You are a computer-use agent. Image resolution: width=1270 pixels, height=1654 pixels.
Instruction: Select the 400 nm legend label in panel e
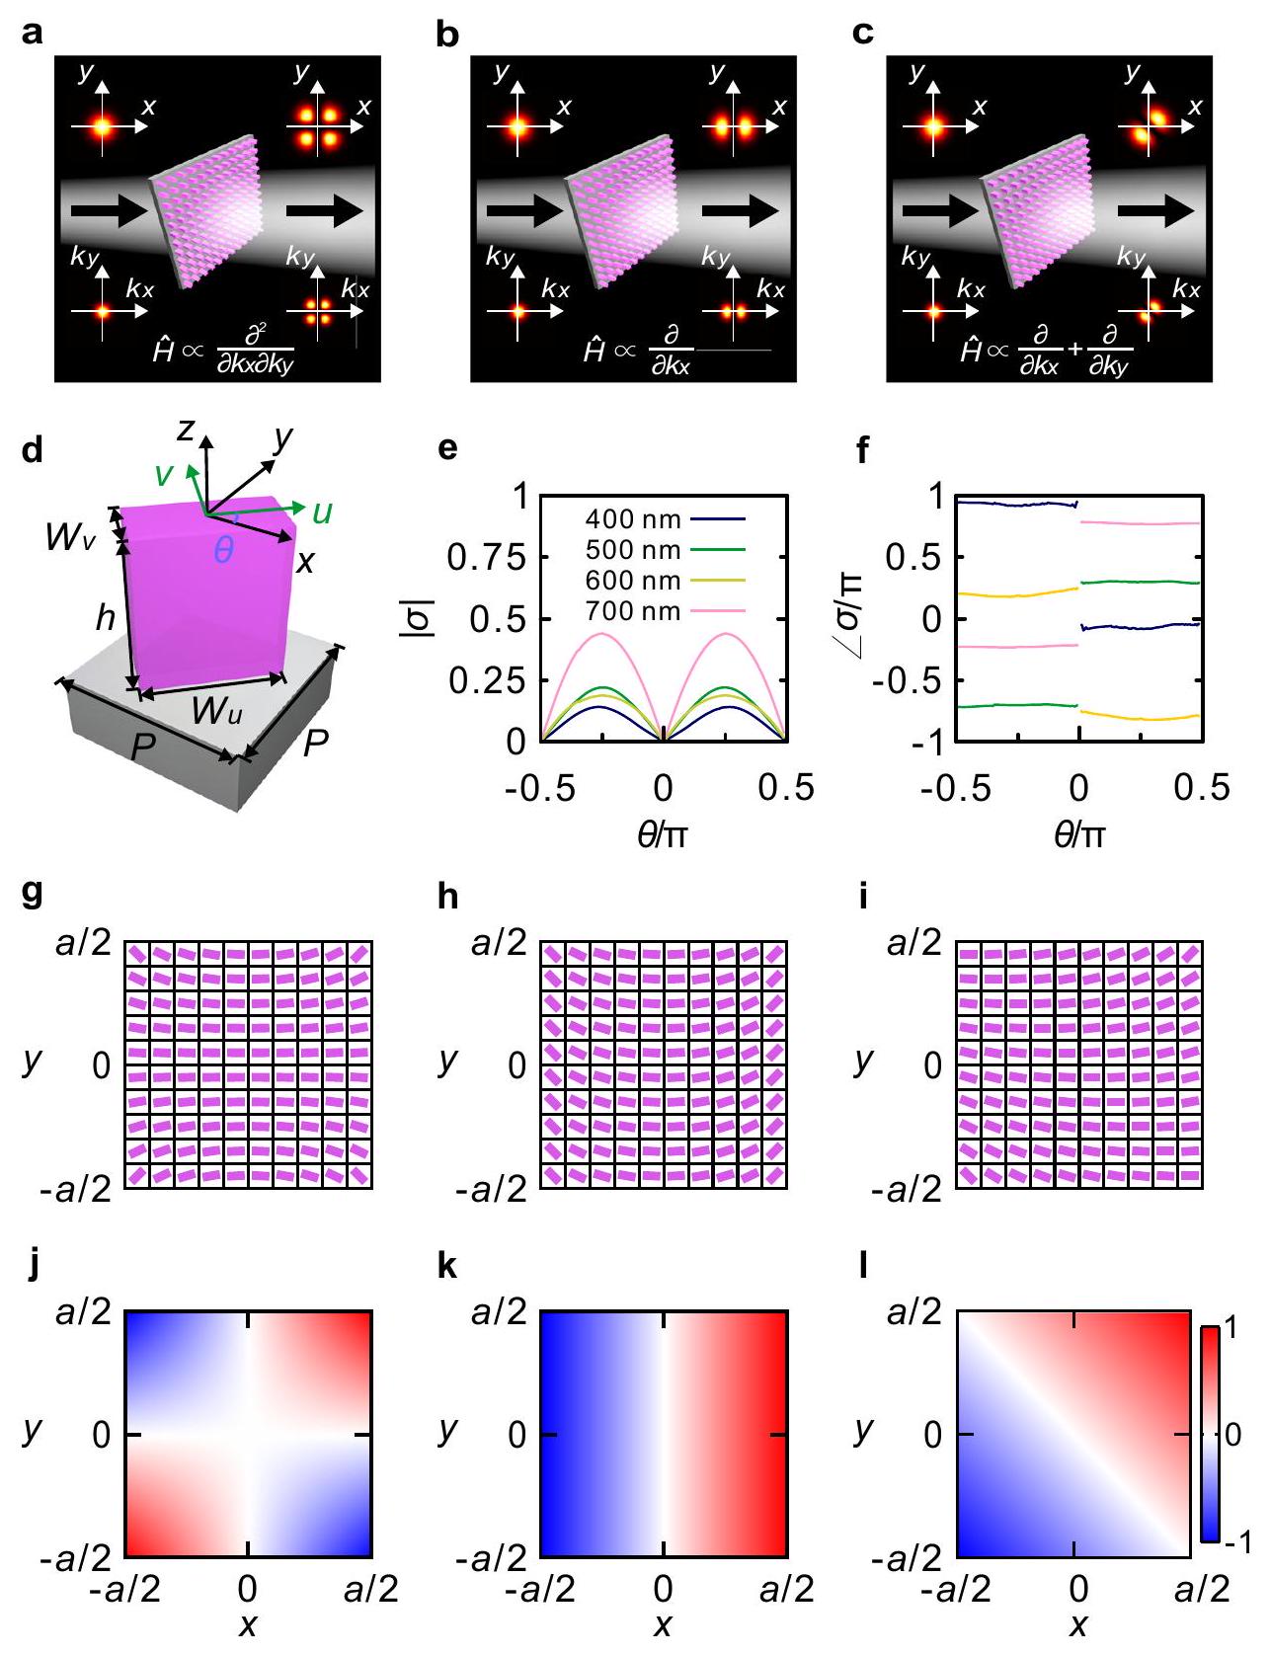click(x=632, y=517)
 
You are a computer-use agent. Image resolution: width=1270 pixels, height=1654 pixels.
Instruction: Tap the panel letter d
click(x=32, y=450)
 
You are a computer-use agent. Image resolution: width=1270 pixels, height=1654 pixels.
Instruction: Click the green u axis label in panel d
click(x=322, y=512)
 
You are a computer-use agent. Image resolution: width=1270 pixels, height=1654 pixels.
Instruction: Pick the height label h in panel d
click(x=105, y=618)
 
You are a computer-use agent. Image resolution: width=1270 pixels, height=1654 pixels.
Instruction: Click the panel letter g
click(x=32, y=898)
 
